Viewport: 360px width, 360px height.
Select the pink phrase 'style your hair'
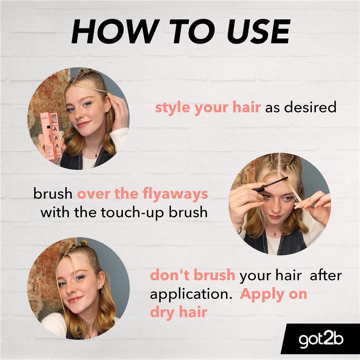[x=207, y=108]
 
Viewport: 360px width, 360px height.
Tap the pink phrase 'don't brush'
[x=193, y=275]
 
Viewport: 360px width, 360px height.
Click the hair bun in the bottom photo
[x=83, y=243]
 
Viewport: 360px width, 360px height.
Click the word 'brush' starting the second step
[x=53, y=194]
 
